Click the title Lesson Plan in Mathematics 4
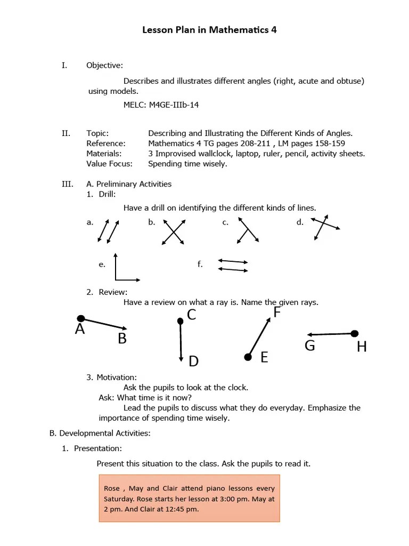[x=209, y=30]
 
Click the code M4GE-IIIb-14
[x=174, y=105]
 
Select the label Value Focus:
[x=110, y=164]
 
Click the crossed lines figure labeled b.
[x=173, y=232]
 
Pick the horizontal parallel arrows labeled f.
[x=233, y=266]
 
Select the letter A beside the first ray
[x=80, y=330]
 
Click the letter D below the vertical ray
[x=193, y=362]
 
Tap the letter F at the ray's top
[x=277, y=312]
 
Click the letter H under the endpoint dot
[x=362, y=347]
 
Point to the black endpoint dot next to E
[x=248, y=357]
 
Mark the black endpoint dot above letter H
[x=355, y=334]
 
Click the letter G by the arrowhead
[x=310, y=346]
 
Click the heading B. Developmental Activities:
[x=100, y=433]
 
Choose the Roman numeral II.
[x=66, y=133]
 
